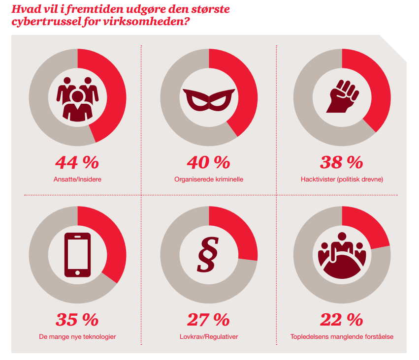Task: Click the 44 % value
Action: pyautogui.click(x=77, y=162)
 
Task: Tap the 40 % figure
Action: pyautogui.click(x=209, y=162)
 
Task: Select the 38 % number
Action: pyautogui.click(x=341, y=162)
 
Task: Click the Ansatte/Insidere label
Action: pyautogui.click(x=77, y=179)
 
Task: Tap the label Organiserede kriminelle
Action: pyautogui.click(x=209, y=179)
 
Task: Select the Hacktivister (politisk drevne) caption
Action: pyautogui.click(x=342, y=179)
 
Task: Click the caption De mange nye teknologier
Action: pyautogui.click(x=77, y=337)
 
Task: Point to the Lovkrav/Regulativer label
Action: pyautogui.click(x=209, y=337)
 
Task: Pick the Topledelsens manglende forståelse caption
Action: pyautogui.click(x=342, y=337)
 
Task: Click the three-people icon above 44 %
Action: pyautogui.click(x=77, y=99)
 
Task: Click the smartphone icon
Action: pyautogui.click(x=77, y=255)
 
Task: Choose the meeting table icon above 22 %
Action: pyautogui.click(x=341, y=258)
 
